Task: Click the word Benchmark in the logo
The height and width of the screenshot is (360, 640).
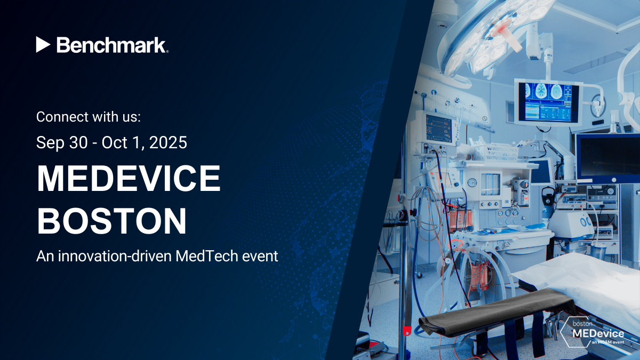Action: pos(112,45)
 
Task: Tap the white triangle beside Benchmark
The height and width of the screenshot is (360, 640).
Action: pos(43,45)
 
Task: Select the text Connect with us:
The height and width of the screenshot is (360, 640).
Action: pos(88,116)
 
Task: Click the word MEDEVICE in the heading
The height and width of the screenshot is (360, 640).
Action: pos(128,179)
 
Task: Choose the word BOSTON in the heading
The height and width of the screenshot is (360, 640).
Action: pos(112,221)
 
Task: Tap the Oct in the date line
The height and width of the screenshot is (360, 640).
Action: pos(115,143)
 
